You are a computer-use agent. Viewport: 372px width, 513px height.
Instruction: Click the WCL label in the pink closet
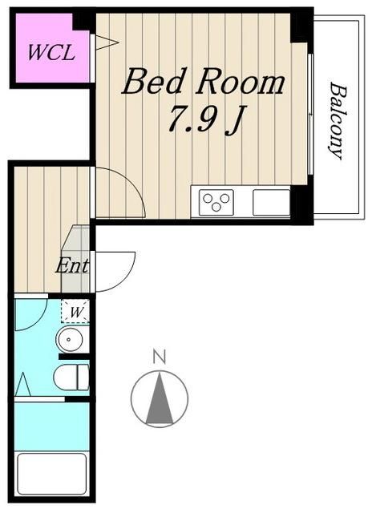(51, 54)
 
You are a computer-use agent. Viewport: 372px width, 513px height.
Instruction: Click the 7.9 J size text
(204, 120)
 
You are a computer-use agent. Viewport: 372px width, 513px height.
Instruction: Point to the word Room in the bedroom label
(245, 83)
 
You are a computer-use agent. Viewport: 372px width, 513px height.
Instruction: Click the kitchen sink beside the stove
(270, 202)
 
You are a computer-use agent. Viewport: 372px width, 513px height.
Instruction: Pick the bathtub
(51, 475)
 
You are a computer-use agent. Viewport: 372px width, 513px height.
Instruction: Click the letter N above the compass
(160, 356)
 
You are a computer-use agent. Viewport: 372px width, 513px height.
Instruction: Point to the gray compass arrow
(160, 399)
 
